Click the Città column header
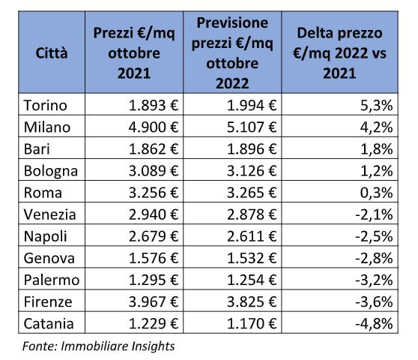click(x=52, y=52)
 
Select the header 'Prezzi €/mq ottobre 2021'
click(x=134, y=52)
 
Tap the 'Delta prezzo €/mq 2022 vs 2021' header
click(x=339, y=52)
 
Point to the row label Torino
click(x=45, y=105)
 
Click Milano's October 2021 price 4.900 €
click(x=154, y=127)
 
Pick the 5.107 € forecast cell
click(x=252, y=127)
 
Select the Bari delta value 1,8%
click(x=376, y=149)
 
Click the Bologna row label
click(x=51, y=171)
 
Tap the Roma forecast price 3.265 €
click(x=252, y=193)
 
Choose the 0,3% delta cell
click(x=376, y=193)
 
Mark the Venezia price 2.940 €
click(x=154, y=214)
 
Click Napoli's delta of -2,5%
click(x=374, y=236)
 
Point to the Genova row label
click(x=49, y=258)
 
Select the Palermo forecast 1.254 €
click(x=252, y=280)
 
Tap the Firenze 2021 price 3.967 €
click(x=154, y=302)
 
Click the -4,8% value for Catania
click(x=374, y=324)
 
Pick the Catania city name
click(x=49, y=324)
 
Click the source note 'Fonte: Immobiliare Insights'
click(x=98, y=346)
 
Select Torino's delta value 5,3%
click(x=376, y=105)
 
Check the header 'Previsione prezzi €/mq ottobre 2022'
click(x=232, y=52)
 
